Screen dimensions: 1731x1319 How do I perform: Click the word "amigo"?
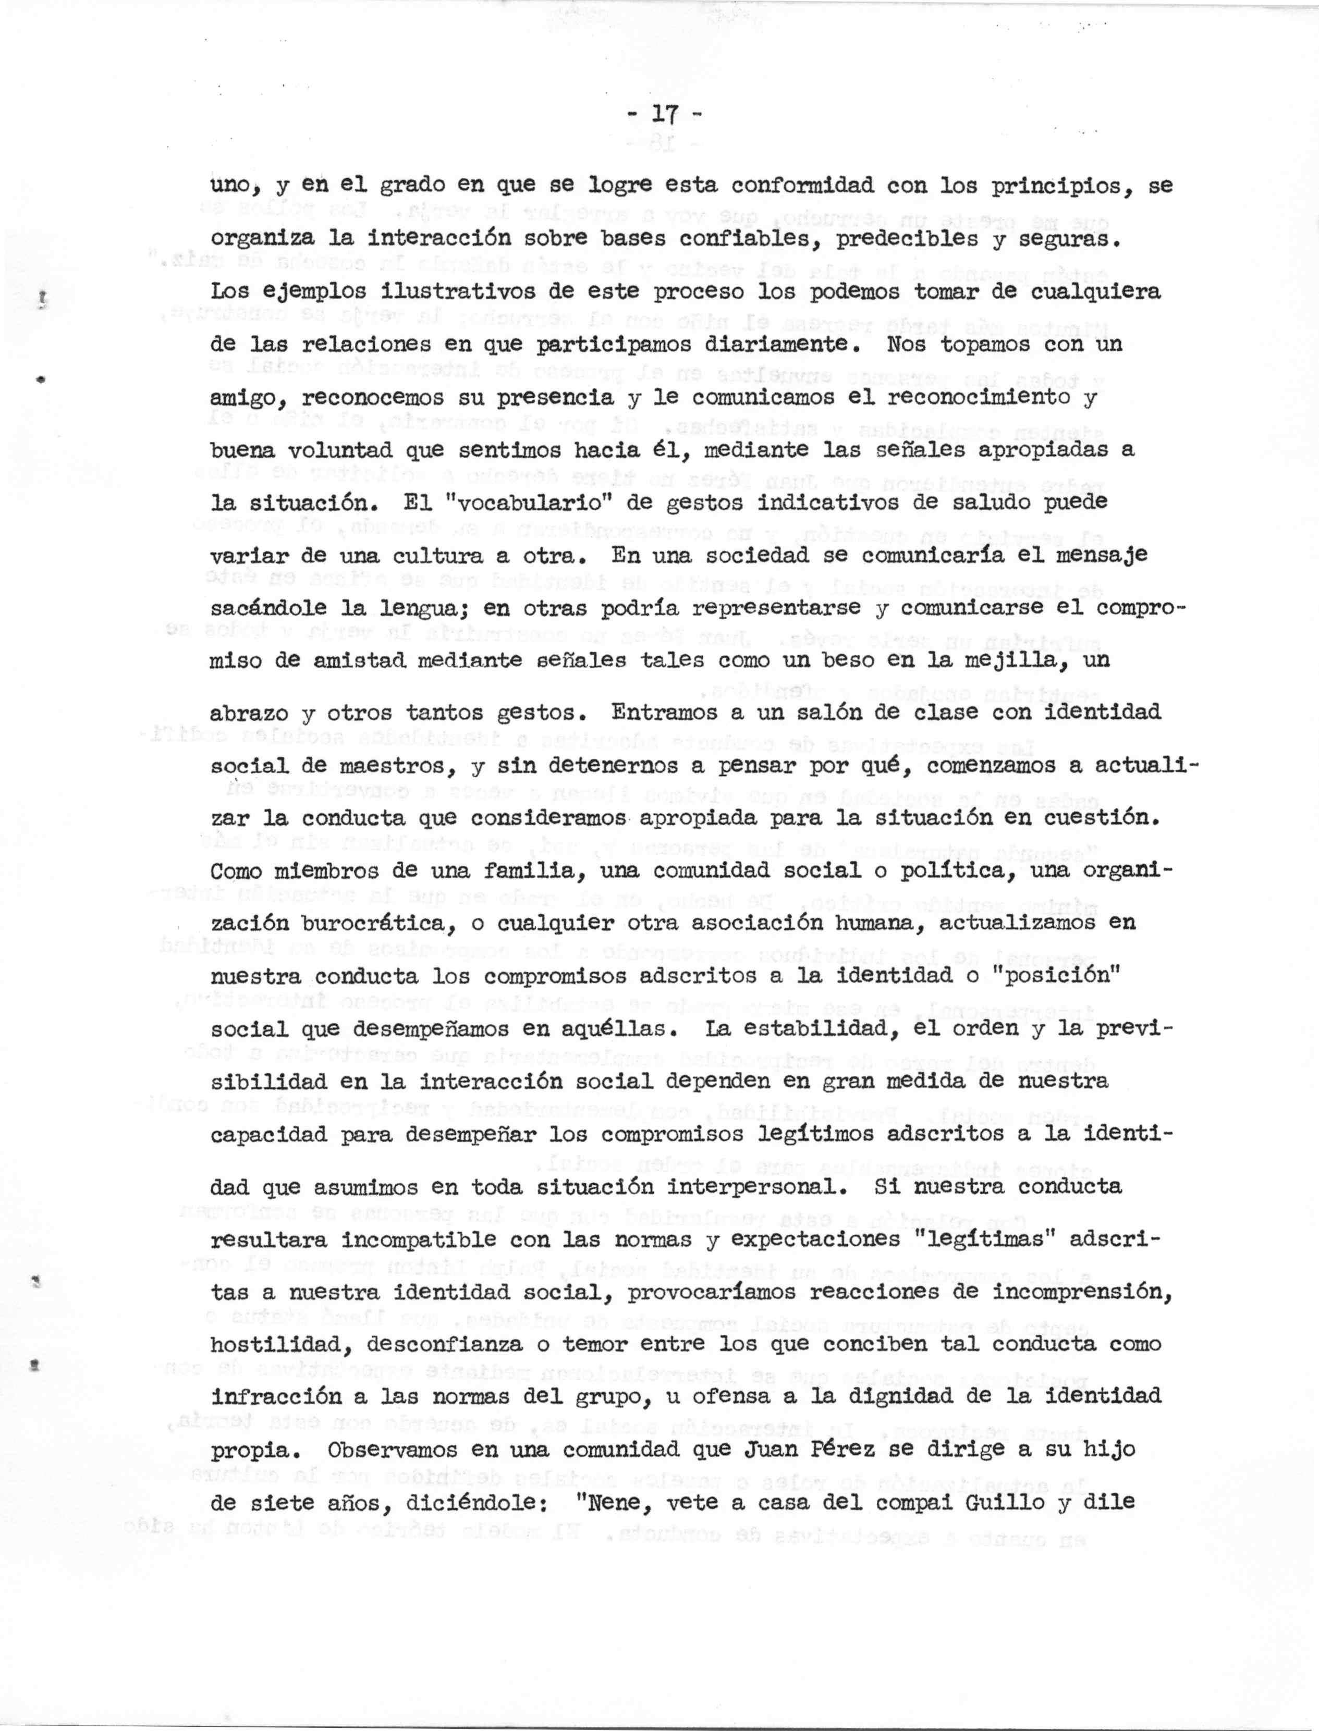pos(246,399)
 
